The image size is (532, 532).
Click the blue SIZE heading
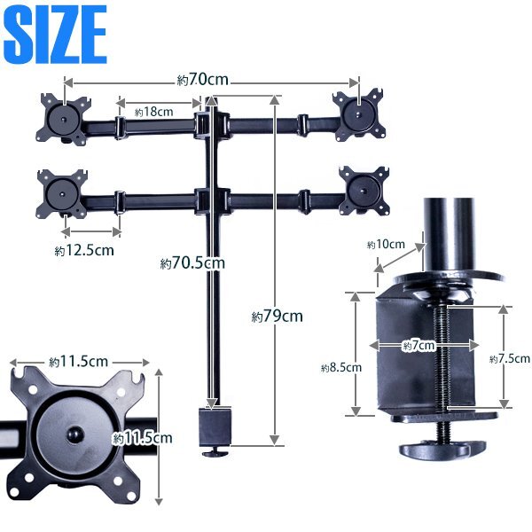56,35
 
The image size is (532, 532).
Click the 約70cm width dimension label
203,80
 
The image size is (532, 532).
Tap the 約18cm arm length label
153,112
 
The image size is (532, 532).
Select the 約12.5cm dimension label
84,251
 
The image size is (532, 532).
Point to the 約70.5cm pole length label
192,263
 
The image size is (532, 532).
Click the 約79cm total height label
277,317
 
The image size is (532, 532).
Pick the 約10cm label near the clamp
386,245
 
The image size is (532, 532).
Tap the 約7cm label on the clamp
419,346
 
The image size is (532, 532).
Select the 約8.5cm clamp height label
341,368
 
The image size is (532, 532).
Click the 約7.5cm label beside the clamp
510,359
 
